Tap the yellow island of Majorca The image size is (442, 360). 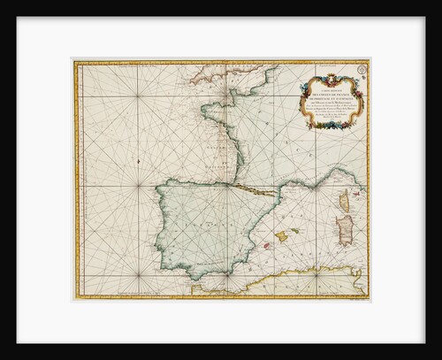pos(282,235)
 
